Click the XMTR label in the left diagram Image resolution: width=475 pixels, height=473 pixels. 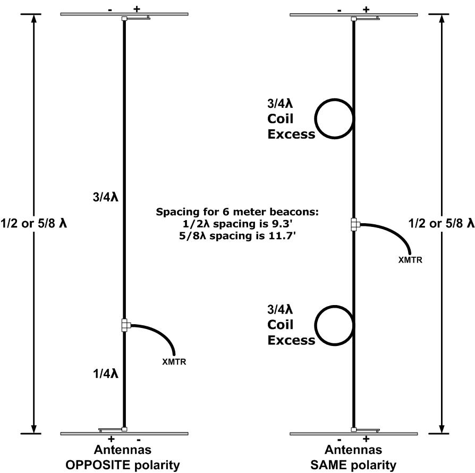(x=174, y=361)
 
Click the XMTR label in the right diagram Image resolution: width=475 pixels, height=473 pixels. (x=410, y=260)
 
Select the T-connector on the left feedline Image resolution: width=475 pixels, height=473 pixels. (x=125, y=325)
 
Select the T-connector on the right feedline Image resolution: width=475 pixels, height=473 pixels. (x=355, y=224)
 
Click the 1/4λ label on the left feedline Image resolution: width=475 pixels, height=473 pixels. (x=105, y=374)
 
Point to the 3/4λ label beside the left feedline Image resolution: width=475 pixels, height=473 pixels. (x=105, y=197)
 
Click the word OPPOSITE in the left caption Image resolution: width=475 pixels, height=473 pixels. (x=98, y=465)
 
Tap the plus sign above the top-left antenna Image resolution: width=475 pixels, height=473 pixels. (x=137, y=9)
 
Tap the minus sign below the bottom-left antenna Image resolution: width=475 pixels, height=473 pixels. (x=139, y=440)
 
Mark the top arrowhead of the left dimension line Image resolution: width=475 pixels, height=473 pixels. (x=33, y=19)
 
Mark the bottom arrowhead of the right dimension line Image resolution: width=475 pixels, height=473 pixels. (x=442, y=428)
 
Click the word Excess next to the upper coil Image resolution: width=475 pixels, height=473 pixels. (x=291, y=134)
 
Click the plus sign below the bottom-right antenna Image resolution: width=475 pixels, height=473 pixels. (x=366, y=439)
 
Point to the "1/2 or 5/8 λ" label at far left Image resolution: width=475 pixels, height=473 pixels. (x=33, y=224)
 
